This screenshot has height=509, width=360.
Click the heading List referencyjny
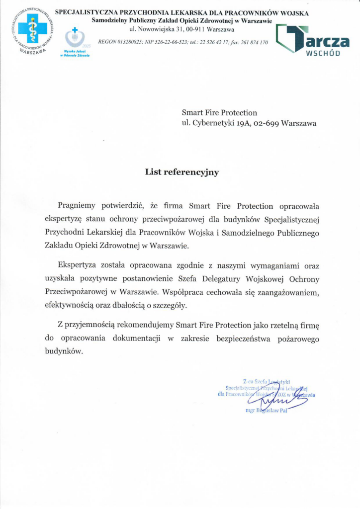tap(182, 172)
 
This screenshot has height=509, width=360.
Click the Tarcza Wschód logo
tap(312, 40)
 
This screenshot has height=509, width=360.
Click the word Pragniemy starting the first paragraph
tap(78, 206)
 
